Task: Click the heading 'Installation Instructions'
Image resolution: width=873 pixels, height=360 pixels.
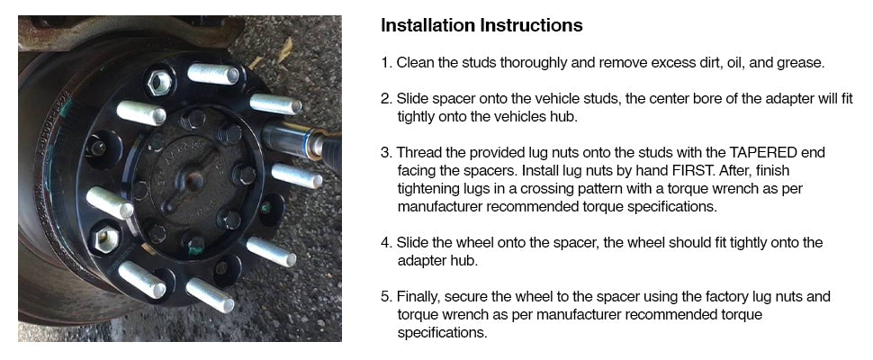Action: coord(481,25)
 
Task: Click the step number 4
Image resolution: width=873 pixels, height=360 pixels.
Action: coord(385,243)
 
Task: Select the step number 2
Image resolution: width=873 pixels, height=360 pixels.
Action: coord(385,99)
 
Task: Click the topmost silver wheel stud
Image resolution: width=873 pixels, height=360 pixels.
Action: coord(213,74)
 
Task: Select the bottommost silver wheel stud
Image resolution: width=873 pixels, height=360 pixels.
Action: coord(210,295)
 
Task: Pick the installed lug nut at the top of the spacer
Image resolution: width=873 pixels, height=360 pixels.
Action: coord(159,82)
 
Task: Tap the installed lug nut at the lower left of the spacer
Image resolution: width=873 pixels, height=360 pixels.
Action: coord(105,239)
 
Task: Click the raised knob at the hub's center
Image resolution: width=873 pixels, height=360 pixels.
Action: coord(195,180)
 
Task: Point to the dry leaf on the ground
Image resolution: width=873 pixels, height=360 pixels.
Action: coord(284,50)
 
